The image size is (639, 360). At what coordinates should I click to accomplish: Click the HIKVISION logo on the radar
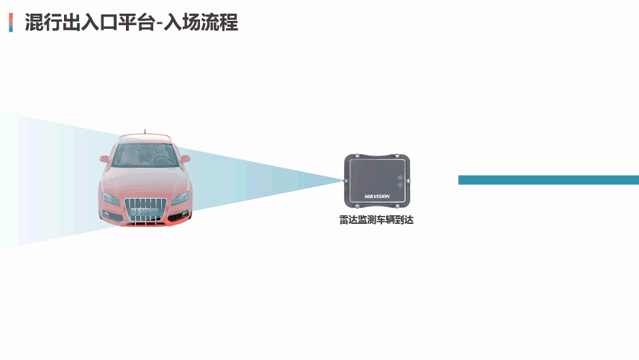click(377, 196)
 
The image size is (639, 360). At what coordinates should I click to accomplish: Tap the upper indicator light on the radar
click(399, 176)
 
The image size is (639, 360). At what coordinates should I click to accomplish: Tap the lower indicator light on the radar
click(399, 186)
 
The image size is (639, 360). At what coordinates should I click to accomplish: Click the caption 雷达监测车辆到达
click(376, 220)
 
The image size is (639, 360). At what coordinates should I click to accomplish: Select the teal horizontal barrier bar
click(548, 180)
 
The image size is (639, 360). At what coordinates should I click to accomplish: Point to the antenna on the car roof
click(145, 132)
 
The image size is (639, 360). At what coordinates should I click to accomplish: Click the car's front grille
click(145, 209)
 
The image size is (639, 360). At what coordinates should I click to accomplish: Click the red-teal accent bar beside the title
click(11, 22)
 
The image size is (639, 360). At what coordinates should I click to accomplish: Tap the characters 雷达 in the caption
click(348, 220)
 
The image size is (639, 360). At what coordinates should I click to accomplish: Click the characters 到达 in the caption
click(404, 220)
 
